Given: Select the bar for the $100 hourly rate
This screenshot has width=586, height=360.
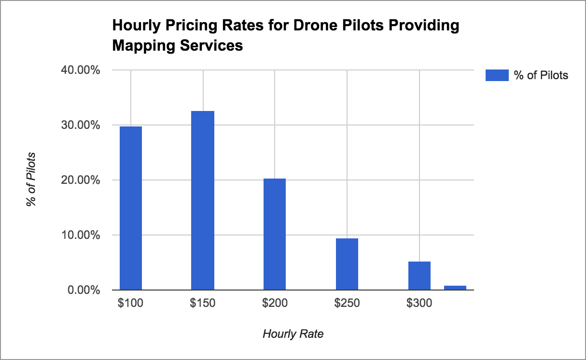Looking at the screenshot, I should (x=131, y=208).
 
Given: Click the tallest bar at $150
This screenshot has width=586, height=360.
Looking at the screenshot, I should (x=203, y=200).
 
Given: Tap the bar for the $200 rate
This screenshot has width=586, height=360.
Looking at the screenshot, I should (x=275, y=234).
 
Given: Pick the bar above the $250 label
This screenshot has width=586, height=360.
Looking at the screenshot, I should (x=347, y=264).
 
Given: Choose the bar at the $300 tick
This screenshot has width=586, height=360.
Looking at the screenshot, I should (x=419, y=276).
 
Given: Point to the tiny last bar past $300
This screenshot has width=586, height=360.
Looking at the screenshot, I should (x=455, y=288).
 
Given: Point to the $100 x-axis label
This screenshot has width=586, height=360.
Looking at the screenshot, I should (x=130, y=304).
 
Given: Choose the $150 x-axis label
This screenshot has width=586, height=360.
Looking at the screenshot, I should (x=203, y=304).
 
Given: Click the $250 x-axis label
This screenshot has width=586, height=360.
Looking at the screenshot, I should (x=347, y=304).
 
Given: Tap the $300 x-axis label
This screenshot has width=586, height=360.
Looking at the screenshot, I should (x=419, y=304).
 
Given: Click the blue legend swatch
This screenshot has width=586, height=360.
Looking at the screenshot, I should (x=497, y=75).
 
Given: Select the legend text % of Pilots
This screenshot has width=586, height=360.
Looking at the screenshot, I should (x=541, y=75).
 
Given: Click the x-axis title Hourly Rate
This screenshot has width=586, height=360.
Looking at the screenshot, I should (x=293, y=334).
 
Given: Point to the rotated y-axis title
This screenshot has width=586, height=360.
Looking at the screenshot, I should (x=31, y=180).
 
